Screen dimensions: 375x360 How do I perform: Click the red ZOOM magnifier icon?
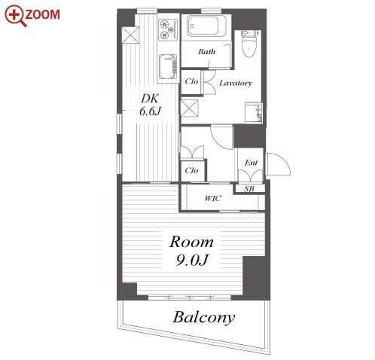[x=15, y=16]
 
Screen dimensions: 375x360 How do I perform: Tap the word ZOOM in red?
[x=43, y=14]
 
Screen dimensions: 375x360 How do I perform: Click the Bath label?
[x=206, y=52]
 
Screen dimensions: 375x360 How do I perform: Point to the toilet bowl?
[x=249, y=47]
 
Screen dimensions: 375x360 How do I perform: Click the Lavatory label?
[x=236, y=83]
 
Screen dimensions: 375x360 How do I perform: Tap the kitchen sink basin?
[x=168, y=67]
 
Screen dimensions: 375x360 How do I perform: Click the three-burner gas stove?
[x=168, y=29]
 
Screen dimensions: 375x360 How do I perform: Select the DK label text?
[x=150, y=99]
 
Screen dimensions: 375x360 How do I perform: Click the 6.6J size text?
[x=150, y=111]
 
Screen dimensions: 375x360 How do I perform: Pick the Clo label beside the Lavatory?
[x=191, y=81]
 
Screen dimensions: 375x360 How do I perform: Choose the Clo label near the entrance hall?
[x=191, y=171]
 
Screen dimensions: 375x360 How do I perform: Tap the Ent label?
[x=251, y=163]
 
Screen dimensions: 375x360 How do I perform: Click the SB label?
[x=249, y=189]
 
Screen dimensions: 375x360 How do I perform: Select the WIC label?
[x=213, y=199]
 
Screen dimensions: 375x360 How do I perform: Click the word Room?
[x=191, y=242]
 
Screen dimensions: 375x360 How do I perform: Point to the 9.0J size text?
[x=191, y=260]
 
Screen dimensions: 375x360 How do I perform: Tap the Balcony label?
[x=204, y=318]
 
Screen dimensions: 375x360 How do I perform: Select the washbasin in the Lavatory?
[x=254, y=112]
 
